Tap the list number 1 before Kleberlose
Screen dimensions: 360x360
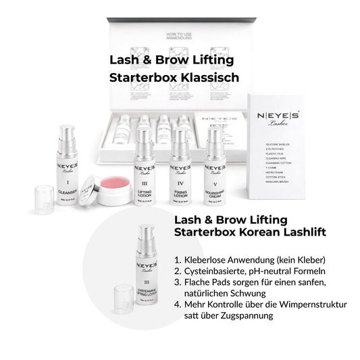point(177,259)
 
